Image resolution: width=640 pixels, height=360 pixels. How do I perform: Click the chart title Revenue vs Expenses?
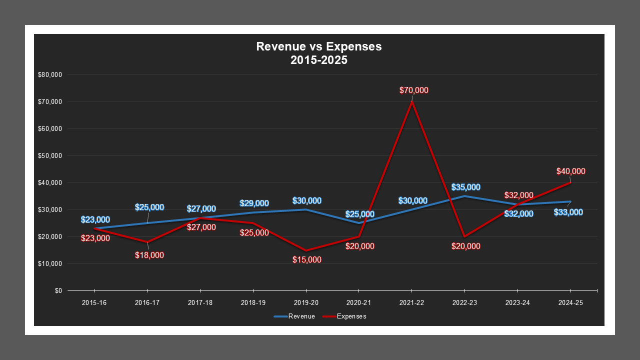point(318,46)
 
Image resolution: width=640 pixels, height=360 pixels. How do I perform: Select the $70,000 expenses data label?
point(414,90)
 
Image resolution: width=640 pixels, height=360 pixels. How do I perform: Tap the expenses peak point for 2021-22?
point(411,101)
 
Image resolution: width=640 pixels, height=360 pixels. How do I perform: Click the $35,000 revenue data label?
point(466,187)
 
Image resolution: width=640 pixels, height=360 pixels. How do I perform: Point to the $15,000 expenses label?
point(307,260)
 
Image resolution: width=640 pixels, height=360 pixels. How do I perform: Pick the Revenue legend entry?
point(294,316)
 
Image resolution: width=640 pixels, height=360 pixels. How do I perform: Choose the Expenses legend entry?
point(344,316)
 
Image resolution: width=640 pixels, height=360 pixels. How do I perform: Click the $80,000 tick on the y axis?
point(50,75)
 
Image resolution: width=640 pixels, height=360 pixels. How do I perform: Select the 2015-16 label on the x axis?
point(94,303)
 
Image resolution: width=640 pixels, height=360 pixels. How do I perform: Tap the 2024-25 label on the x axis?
point(570,303)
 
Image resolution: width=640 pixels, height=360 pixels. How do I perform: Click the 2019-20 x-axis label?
point(305,303)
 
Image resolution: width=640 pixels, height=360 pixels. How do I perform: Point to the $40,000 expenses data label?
point(571,171)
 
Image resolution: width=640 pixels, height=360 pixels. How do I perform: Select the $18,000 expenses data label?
point(149,255)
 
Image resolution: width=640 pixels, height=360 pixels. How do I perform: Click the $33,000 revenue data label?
point(568,212)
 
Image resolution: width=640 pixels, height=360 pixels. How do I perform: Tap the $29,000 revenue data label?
point(254,203)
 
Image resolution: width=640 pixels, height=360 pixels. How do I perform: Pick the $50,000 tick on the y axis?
point(50,156)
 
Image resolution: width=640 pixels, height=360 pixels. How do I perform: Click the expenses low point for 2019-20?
point(305,250)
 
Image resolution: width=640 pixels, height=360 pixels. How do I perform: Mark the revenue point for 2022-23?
point(464,196)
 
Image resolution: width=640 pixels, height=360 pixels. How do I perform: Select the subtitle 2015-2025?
point(318,60)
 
